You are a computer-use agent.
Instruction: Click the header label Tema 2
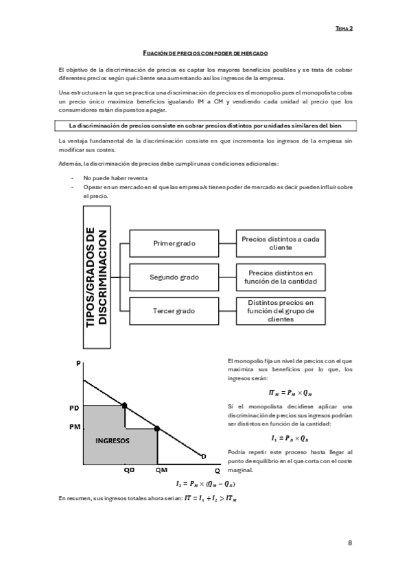(x=344, y=29)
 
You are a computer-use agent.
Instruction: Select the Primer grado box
(x=174, y=243)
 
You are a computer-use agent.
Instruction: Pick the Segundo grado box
(x=174, y=277)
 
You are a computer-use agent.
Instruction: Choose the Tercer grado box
(x=174, y=310)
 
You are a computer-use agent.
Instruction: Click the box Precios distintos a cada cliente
(x=281, y=243)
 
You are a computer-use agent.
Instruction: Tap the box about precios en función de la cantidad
(x=281, y=277)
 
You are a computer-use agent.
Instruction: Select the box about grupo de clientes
(x=281, y=310)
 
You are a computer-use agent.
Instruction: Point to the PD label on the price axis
(x=75, y=408)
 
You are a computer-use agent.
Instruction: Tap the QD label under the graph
(x=129, y=471)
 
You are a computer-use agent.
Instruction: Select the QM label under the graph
(x=161, y=471)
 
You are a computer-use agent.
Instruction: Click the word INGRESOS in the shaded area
(x=113, y=441)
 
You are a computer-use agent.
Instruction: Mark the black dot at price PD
(x=124, y=406)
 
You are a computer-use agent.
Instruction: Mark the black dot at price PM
(x=157, y=428)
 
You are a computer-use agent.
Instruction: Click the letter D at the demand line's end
(x=203, y=456)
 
